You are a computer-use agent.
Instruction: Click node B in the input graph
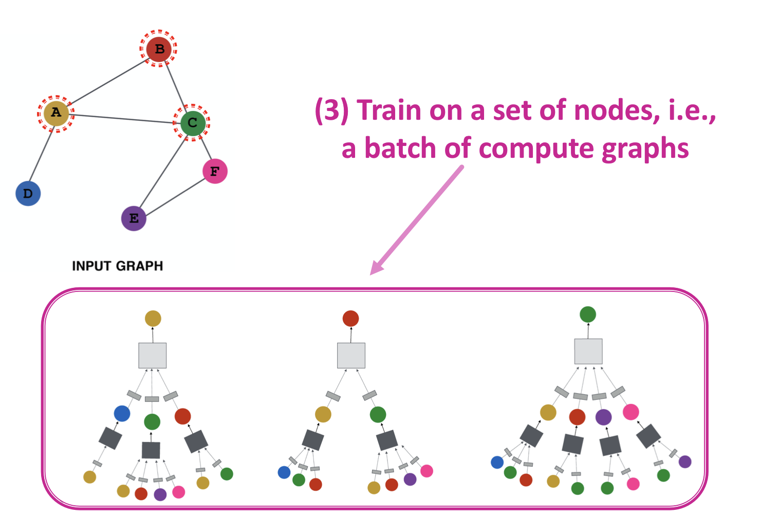click(x=159, y=49)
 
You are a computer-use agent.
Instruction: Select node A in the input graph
click(x=56, y=113)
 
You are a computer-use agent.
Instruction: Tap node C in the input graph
click(x=192, y=123)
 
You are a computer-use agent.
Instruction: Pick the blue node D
click(x=28, y=194)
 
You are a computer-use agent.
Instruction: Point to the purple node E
click(x=134, y=218)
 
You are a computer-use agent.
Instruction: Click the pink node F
click(x=215, y=171)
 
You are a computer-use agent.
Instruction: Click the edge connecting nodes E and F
click(x=175, y=195)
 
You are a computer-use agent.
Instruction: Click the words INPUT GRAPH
click(x=117, y=266)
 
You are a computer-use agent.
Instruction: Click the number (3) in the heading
click(x=331, y=111)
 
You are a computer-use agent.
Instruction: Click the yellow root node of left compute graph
click(x=153, y=318)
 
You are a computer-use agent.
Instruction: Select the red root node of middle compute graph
click(x=350, y=318)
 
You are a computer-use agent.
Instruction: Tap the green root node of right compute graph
click(x=587, y=314)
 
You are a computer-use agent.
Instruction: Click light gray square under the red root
click(x=351, y=355)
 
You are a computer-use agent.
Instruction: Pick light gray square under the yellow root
click(x=153, y=355)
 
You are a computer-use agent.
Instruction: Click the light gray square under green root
click(x=588, y=351)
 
